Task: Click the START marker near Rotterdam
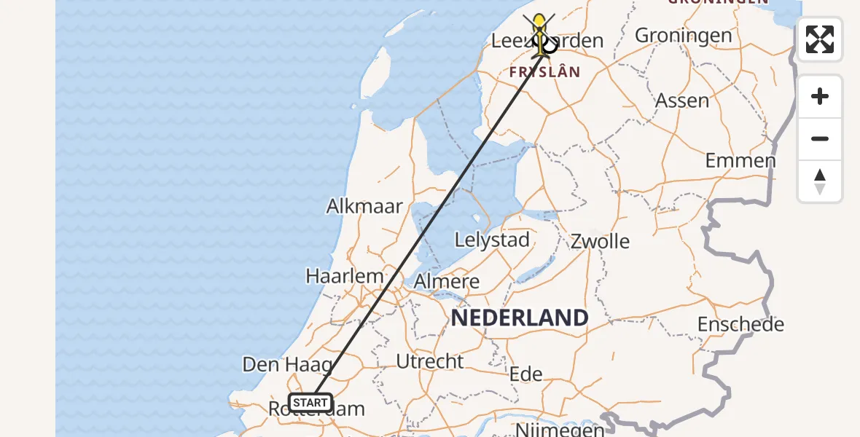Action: tap(310, 403)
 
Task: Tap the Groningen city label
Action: tap(683, 35)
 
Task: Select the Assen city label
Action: tap(682, 101)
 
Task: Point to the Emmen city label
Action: tap(740, 161)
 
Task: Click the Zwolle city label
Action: tap(600, 241)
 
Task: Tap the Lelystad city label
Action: tap(492, 240)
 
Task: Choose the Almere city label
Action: tap(447, 282)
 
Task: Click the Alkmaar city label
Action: tap(364, 206)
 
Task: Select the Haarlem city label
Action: tap(345, 277)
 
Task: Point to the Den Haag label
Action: tap(287, 364)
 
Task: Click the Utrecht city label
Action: tap(430, 361)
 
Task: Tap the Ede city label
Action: tap(526, 374)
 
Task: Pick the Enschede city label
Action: tap(740, 324)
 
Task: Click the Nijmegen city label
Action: tap(560, 430)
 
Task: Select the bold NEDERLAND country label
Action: tap(520, 318)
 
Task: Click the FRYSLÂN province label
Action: tap(544, 71)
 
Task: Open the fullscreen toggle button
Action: tap(820, 39)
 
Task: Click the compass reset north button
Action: tap(820, 181)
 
